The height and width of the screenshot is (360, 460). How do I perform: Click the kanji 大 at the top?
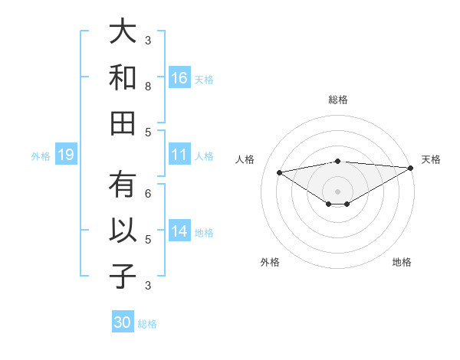pyautogui.click(x=123, y=31)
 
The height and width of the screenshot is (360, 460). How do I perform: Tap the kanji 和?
pyautogui.click(x=123, y=77)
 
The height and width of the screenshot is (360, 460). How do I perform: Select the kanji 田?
pyautogui.click(x=123, y=122)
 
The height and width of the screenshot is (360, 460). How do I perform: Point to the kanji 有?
pyautogui.click(x=123, y=185)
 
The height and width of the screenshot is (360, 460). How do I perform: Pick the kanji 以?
pyautogui.click(x=123, y=231)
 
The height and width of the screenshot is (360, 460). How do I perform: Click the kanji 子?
pyautogui.click(x=123, y=275)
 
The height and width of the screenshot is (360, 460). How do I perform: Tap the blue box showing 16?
pyautogui.click(x=179, y=77)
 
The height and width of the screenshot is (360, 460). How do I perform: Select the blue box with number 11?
pyautogui.click(x=179, y=155)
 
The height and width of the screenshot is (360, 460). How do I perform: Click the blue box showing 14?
pyautogui.click(x=179, y=231)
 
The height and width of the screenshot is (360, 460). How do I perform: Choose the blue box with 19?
pyautogui.click(x=65, y=155)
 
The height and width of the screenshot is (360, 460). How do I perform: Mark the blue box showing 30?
pyautogui.click(x=123, y=322)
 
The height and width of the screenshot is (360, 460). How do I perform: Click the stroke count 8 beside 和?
pyautogui.click(x=148, y=86)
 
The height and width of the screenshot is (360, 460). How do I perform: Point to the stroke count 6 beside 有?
pyautogui.click(x=148, y=194)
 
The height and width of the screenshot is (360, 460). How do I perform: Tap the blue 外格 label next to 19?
pyautogui.click(x=41, y=156)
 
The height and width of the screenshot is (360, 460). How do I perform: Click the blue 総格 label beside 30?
pyautogui.click(x=147, y=323)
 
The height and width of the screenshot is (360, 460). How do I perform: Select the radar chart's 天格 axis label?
pyautogui.click(x=431, y=159)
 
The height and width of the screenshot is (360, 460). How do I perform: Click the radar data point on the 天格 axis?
pyautogui.click(x=412, y=168)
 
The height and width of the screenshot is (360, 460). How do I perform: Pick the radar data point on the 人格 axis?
pyautogui.click(x=279, y=172)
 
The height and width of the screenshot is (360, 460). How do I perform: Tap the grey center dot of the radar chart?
pyautogui.click(x=337, y=191)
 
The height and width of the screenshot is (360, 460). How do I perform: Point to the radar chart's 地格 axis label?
pyautogui.click(x=402, y=262)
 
